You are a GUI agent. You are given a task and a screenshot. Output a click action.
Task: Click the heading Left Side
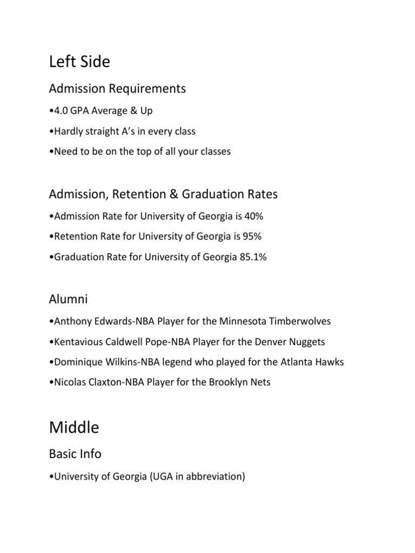pyautogui.click(x=79, y=62)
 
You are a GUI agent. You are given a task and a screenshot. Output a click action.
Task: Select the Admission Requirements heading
pyautogui.click(x=117, y=88)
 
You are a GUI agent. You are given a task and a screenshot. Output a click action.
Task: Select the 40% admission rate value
pyautogui.click(x=254, y=217)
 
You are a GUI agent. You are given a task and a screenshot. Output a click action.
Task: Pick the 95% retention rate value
pyautogui.click(x=252, y=237)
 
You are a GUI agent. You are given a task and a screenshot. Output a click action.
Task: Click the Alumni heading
pyautogui.click(x=68, y=299)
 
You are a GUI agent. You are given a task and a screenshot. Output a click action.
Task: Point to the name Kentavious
pyautogui.click(x=76, y=342)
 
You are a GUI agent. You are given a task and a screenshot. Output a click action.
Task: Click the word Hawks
pyautogui.click(x=330, y=362)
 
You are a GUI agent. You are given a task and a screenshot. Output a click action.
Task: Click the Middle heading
pyautogui.click(x=74, y=428)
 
